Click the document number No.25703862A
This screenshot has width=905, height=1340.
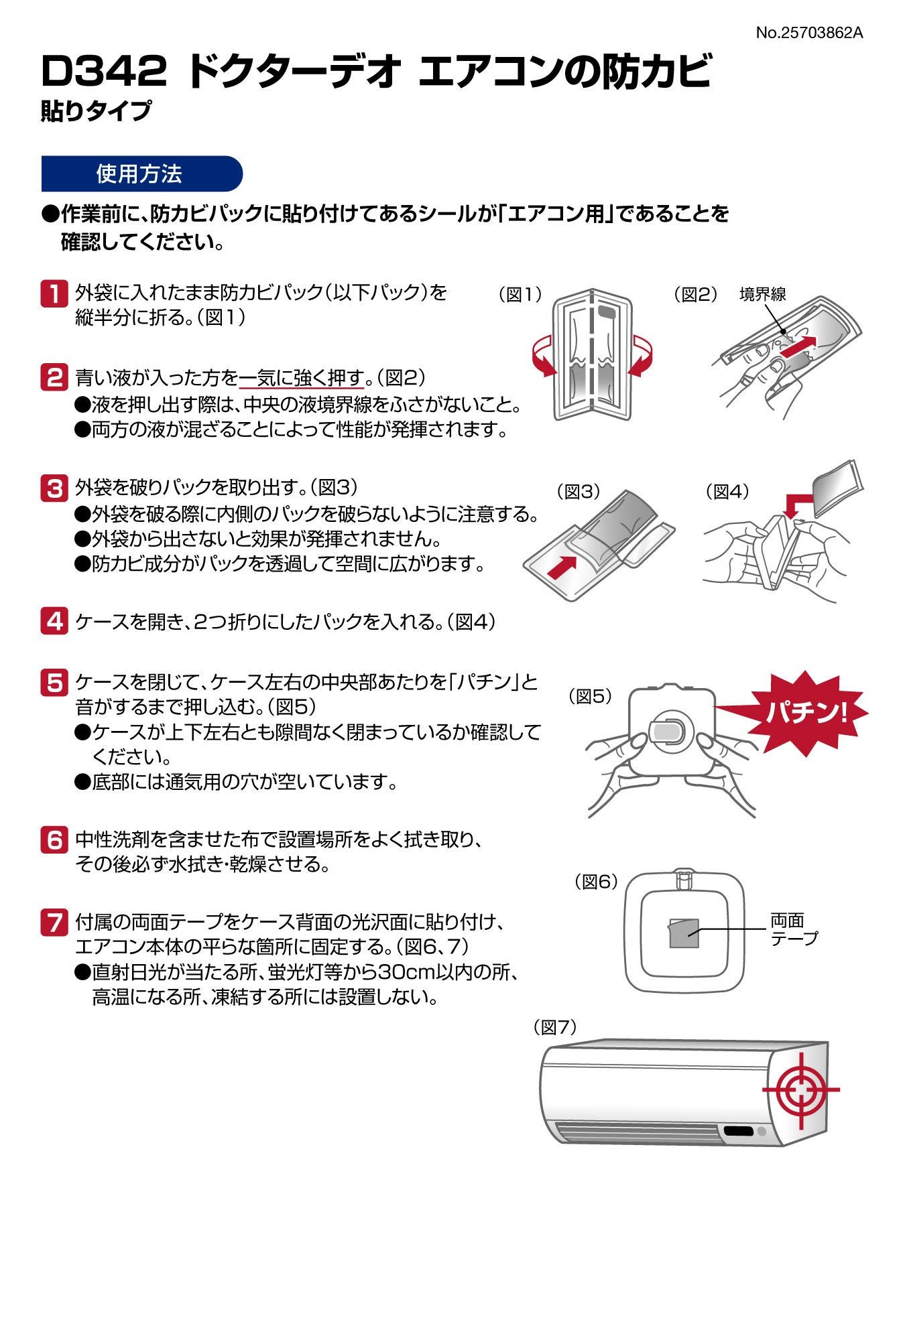click(x=809, y=32)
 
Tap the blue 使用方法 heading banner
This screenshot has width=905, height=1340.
click(x=141, y=174)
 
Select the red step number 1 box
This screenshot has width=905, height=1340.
click(x=54, y=293)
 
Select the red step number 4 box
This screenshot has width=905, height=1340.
click(x=54, y=621)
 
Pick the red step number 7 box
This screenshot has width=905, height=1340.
click(x=54, y=923)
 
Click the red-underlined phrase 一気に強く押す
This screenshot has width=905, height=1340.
click(x=302, y=378)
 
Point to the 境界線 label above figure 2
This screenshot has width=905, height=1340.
click(x=763, y=293)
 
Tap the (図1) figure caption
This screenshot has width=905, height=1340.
click(x=520, y=294)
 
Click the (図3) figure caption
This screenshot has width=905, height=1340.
click(x=579, y=491)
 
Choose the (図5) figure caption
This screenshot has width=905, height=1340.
click(x=591, y=696)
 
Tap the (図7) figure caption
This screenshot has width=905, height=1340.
click(x=555, y=1027)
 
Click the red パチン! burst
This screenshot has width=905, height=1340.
click(x=804, y=712)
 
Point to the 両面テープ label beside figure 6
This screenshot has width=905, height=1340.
click(x=794, y=929)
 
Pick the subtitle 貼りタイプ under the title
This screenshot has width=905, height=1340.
click(x=96, y=111)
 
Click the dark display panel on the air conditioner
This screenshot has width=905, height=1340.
click(x=737, y=1132)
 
